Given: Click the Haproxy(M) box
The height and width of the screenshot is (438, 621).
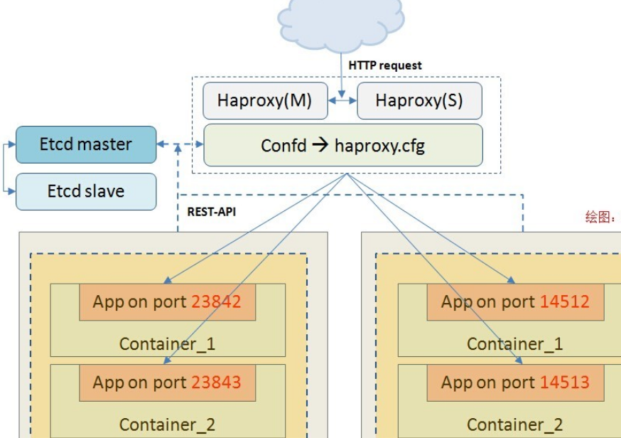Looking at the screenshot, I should pyautogui.click(x=264, y=101).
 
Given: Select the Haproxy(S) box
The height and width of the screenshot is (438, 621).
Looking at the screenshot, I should pyautogui.click(x=419, y=101).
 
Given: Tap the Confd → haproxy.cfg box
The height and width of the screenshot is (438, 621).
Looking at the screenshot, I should pyautogui.click(x=343, y=146).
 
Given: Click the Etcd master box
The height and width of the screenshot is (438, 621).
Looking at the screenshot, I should pyautogui.click(x=86, y=144).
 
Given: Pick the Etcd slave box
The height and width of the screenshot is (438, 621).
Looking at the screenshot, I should pyautogui.click(x=86, y=191).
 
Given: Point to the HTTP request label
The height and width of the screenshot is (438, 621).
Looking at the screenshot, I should pyautogui.click(x=385, y=65).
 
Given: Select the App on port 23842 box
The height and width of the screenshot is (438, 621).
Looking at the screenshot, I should pyautogui.click(x=167, y=301).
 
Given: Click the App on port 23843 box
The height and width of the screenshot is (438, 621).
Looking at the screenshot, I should pyautogui.click(x=167, y=383).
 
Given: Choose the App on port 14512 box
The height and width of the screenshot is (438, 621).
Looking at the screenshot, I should pyautogui.click(x=515, y=301).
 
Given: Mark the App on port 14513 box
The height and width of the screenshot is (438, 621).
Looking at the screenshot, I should pyautogui.click(x=515, y=383).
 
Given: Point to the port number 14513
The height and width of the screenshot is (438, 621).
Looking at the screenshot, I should pyautogui.click(x=564, y=383).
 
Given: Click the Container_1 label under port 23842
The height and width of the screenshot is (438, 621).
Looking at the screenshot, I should pyautogui.click(x=167, y=344).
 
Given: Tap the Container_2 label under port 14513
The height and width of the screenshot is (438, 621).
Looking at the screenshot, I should pyautogui.click(x=515, y=425).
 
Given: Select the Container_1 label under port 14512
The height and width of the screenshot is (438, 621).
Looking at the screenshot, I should pyautogui.click(x=515, y=344).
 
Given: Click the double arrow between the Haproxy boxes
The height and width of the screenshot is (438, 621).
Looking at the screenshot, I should pyautogui.click(x=342, y=101).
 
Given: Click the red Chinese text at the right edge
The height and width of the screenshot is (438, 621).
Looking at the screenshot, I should pyautogui.click(x=601, y=218).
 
